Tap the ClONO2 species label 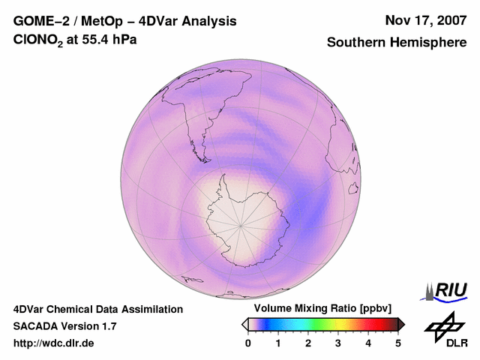[37, 41]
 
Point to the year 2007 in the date [449, 20]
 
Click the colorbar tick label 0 [248, 343]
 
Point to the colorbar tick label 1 [278, 343]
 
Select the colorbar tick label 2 [308, 343]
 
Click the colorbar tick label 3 [338, 343]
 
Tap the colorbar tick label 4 [368, 343]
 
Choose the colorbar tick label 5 [398, 343]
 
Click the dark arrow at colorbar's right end [401, 324]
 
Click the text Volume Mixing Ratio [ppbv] [319, 308]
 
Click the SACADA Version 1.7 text [65, 326]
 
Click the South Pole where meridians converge [241, 223]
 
